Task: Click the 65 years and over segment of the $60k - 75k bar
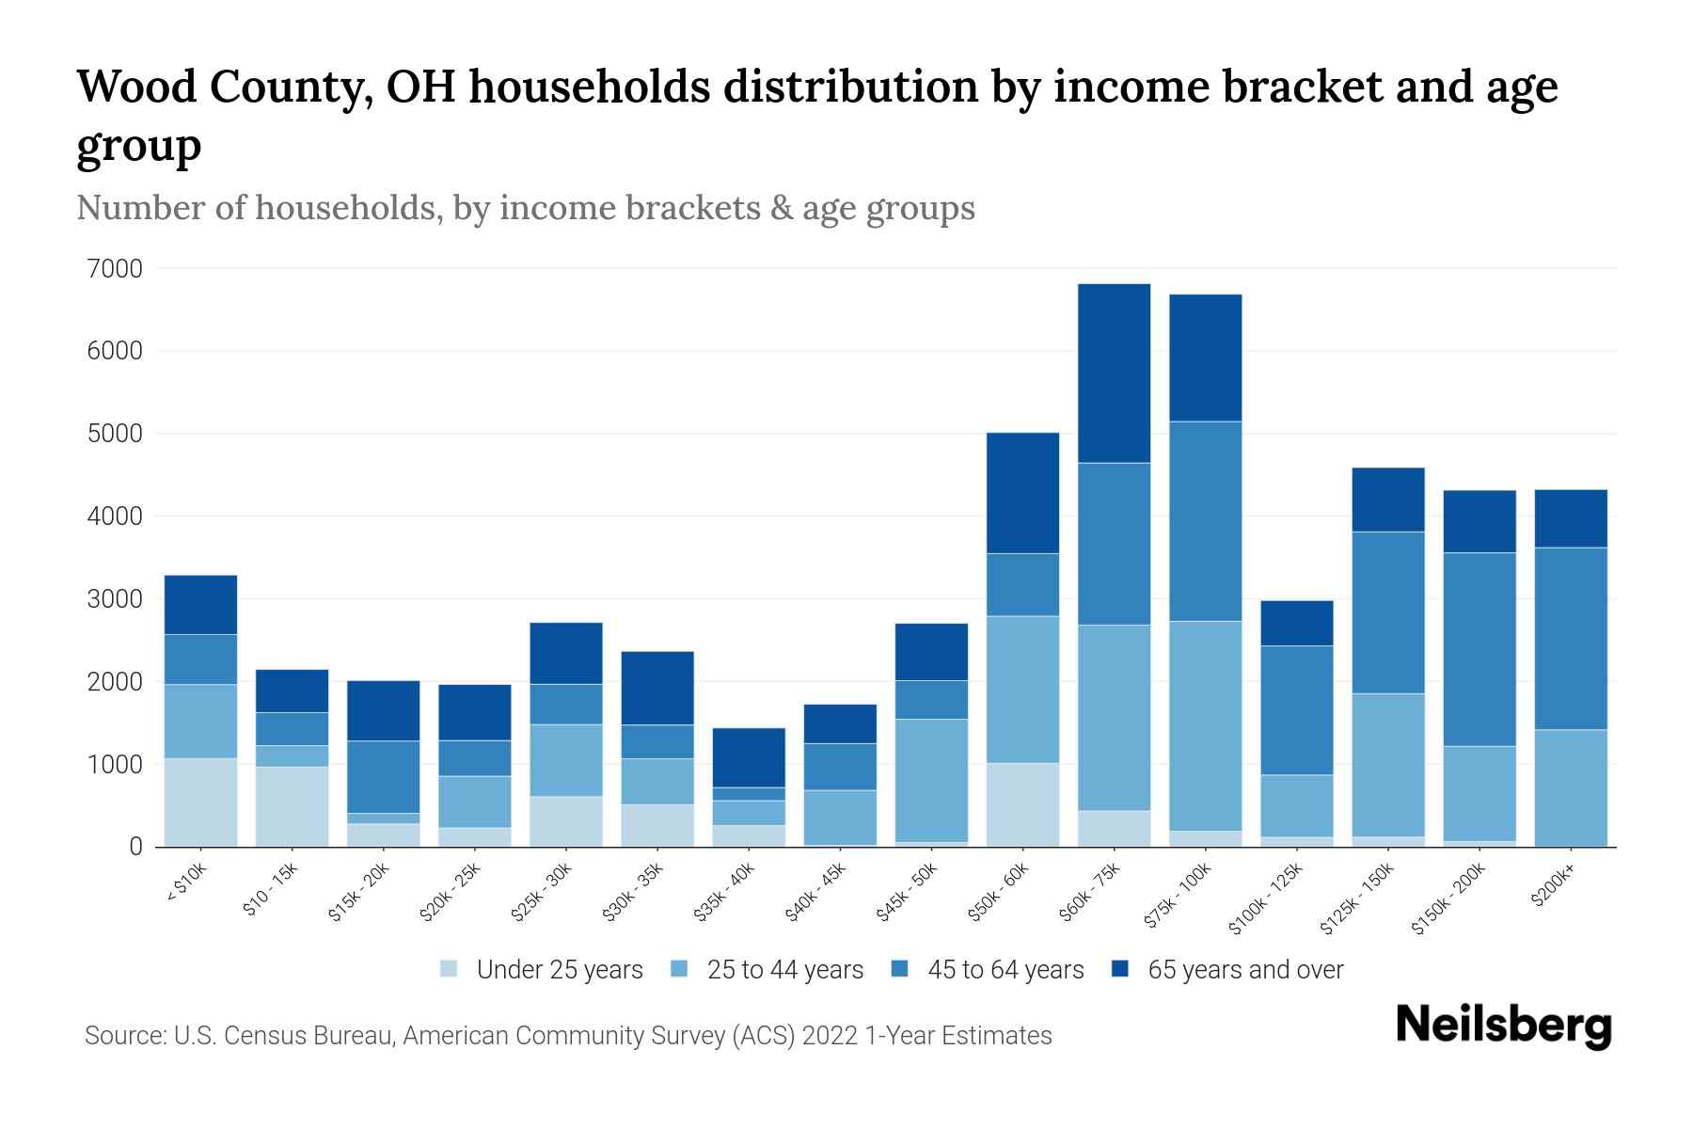tap(1114, 373)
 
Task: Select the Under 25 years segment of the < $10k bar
tap(200, 802)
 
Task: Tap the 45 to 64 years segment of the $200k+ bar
tap(1571, 638)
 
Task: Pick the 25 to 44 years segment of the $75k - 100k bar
tap(1205, 725)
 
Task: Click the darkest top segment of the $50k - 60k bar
tap(1022, 492)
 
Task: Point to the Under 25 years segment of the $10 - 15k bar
tap(292, 806)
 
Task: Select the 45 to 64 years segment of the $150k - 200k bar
tap(1479, 649)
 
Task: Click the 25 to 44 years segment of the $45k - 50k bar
tap(931, 780)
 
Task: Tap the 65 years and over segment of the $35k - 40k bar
tap(749, 757)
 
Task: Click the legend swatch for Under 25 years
tap(450, 969)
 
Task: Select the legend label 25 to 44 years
tap(784, 969)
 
